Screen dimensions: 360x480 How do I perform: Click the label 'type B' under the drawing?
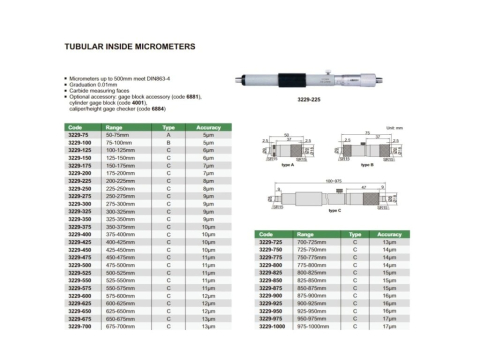pyautogui.click(x=377, y=164)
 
